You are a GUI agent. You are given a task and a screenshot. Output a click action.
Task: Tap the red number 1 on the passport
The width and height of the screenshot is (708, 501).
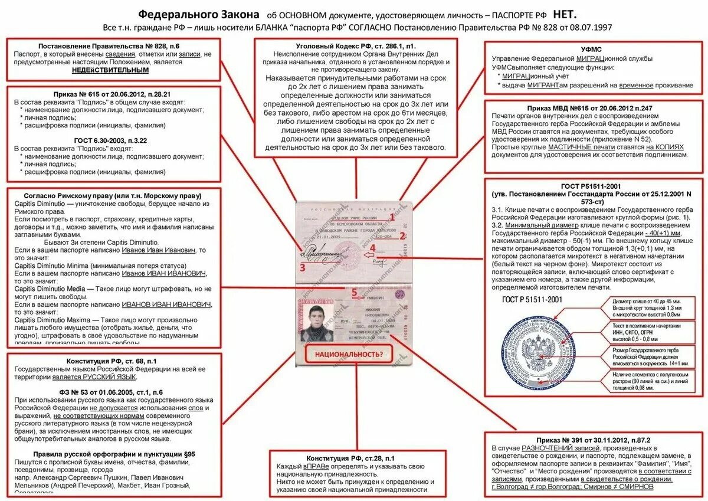391,217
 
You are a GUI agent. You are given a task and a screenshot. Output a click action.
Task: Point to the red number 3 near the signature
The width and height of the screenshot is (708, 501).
302,267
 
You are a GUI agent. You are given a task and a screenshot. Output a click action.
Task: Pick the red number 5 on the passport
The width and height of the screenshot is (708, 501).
355,291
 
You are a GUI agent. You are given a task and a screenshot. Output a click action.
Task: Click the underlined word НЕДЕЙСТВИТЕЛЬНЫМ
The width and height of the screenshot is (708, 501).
110,70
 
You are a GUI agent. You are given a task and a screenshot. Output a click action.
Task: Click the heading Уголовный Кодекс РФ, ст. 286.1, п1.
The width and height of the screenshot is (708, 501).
356,46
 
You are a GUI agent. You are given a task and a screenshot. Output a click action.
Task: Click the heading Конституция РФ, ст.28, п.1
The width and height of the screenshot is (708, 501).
350,459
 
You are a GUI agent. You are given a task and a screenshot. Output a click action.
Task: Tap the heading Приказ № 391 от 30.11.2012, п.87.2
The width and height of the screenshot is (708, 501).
593,440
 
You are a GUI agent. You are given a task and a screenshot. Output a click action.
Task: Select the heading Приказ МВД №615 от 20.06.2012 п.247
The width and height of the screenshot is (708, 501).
593,109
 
